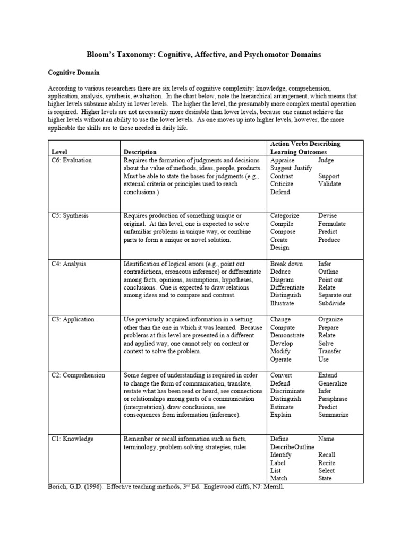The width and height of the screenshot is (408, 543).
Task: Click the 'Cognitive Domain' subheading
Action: click(x=74, y=72)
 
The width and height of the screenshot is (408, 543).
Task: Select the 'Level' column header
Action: click(x=59, y=152)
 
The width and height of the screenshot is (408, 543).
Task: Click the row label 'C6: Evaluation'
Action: click(x=72, y=160)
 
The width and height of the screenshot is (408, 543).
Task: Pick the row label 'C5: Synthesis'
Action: click(x=70, y=216)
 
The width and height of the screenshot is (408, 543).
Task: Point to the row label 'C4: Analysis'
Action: click(x=69, y=264)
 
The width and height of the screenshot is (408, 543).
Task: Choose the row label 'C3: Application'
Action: click(x=73, y=320)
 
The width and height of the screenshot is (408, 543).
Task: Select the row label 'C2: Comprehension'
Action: click(x=78, y=375)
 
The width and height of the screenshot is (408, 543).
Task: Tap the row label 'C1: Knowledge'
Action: click(x=72, y=439)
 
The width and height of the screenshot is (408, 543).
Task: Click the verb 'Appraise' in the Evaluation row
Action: click(x=283, y=160)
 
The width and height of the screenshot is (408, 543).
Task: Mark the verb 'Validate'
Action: click(x=330, y=184)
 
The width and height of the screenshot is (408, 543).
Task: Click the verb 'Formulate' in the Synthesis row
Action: click(x=332, y=224)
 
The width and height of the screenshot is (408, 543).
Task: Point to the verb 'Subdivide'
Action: click(x=332, y=303)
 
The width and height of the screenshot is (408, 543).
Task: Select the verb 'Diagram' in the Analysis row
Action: click(x=282, y=279)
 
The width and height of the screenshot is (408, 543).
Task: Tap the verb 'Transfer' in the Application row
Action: click(x=330, y=351)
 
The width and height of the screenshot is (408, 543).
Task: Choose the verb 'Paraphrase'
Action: click(x=334, y=399)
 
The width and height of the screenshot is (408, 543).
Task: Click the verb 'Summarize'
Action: click(x=334, y=415)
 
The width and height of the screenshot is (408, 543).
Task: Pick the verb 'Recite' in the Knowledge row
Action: click(x=327, y=463)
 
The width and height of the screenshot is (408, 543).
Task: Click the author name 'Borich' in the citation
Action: click(x=58, y=487)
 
